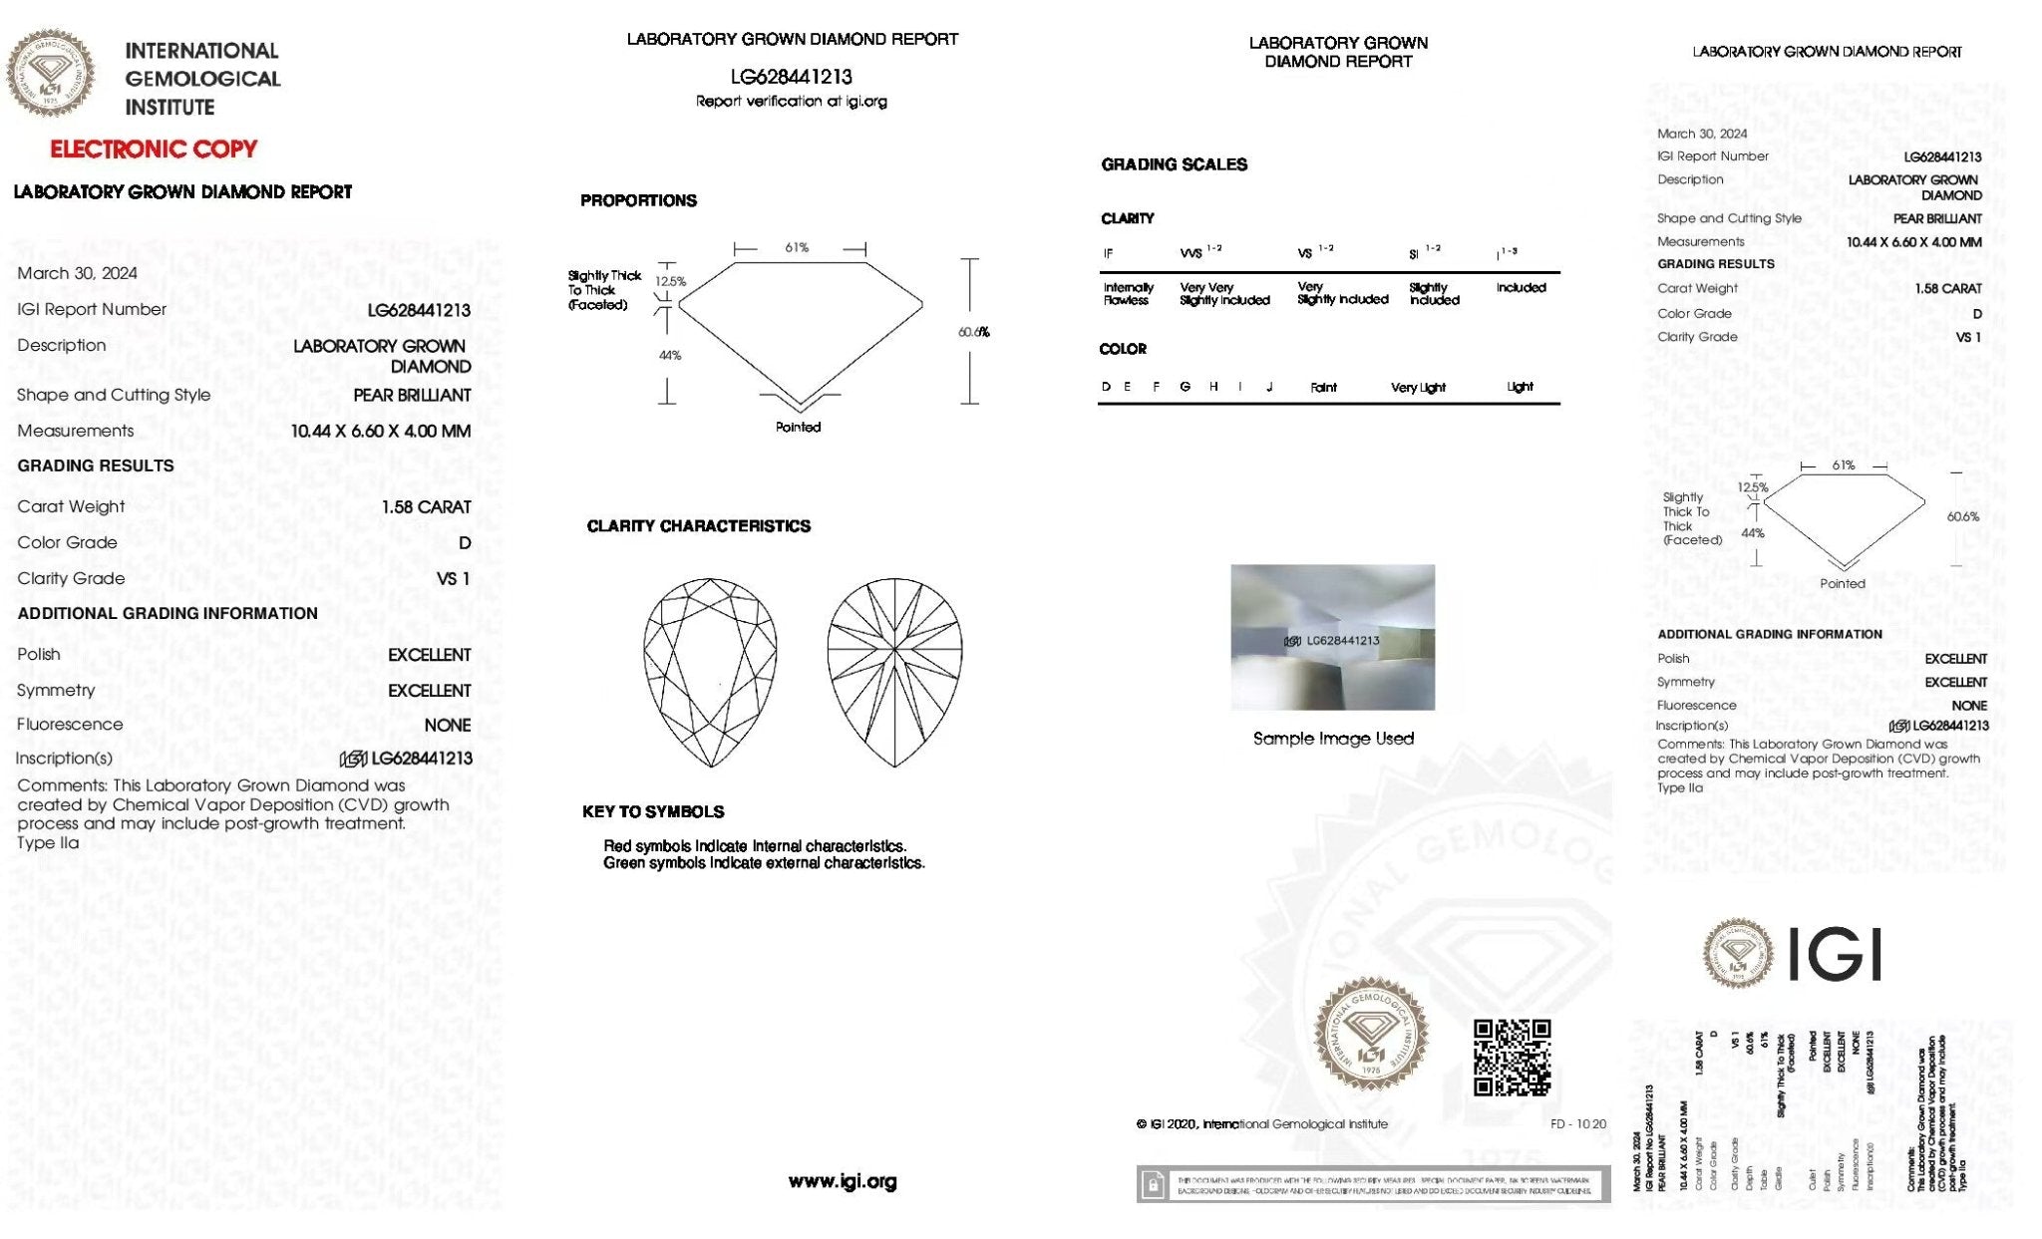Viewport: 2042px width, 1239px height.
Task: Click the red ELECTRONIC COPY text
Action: (x=154, y=150)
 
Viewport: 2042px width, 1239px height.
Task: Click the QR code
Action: (x=1512, y=1057)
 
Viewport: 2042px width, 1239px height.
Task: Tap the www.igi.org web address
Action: (x=843, y=1181)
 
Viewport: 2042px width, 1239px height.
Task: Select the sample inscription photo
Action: (x=1332, y=637)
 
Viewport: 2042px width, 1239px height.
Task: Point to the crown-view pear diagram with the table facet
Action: (x=710, y=673)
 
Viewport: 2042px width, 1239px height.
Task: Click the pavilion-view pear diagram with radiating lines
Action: (x=894, y=673)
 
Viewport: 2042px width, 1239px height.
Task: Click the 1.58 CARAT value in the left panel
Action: (x=426, y=507)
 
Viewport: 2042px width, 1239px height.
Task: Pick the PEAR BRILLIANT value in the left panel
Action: (x=412, y=396)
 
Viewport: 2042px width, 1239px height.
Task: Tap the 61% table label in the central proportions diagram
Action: (x=797, y=247)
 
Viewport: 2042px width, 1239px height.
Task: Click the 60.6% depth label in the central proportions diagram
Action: (x=973, y=332)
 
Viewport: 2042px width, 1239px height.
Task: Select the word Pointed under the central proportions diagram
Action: (x=798, y=428)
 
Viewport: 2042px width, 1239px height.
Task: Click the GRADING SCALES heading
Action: (x=1174, y=164)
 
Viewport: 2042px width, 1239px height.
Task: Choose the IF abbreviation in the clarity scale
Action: (x=1108, y=253)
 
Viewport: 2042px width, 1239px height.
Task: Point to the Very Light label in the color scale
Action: (x=1418, y=388)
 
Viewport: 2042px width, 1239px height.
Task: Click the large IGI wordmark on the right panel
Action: (x=1835, y=955)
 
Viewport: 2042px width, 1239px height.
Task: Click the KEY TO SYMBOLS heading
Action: (x=653, y=812)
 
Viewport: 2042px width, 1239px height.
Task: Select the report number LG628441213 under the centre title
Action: (x=792, y=77)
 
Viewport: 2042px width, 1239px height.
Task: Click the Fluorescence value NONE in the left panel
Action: (x=448, y=726)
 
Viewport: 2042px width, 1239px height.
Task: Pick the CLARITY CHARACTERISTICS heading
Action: (x=698, y=526)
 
